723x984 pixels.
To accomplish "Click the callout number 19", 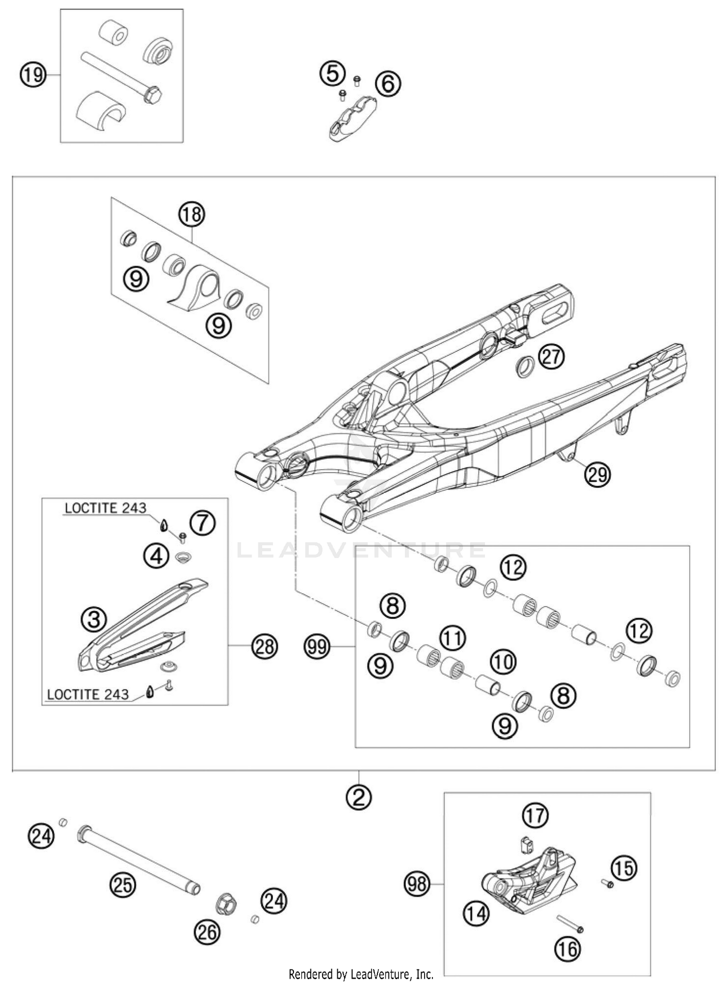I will pos(33,75).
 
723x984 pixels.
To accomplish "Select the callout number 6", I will pos(388,83).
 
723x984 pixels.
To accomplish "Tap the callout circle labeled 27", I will pos(551,357).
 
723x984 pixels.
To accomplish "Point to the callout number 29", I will pos(597,474).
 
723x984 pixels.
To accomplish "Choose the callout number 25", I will pos(122,885).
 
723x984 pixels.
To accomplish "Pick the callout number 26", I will pos(207,933).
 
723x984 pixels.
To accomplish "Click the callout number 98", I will pos(417,884).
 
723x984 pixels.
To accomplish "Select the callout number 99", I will pos(317,646).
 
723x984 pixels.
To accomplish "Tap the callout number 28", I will pos(264,646).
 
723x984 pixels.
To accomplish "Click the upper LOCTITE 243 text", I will pos(106,508).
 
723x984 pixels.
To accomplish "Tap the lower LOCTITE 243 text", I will pos(88,694).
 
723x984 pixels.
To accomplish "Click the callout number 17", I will pos(535,816).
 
